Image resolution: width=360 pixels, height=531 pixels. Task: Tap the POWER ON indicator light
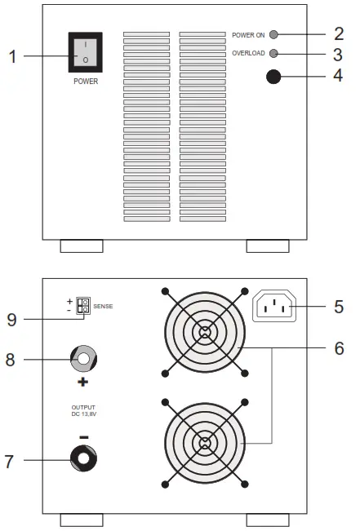click(x=273, y=35)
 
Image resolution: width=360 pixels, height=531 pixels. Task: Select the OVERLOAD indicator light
click(x=273, y=54)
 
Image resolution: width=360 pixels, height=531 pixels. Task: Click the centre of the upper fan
click(x=205, y=330)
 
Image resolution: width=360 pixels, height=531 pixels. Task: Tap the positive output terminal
click(x=82, y=357)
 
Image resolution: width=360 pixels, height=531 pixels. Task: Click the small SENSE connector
click(x=82, y=307)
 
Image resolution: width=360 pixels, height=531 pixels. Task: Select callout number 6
click(x=338, y=347)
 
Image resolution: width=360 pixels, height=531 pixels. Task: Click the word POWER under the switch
click(x=85, y=82)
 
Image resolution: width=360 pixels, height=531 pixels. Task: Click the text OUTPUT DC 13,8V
click(x=83, y=410)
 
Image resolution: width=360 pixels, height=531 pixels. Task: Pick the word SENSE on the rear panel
click(x=104, y=306)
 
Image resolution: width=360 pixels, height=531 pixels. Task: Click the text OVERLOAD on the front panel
click(x=248, y=54)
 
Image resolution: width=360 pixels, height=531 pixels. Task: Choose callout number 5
click(x=338, y=308)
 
